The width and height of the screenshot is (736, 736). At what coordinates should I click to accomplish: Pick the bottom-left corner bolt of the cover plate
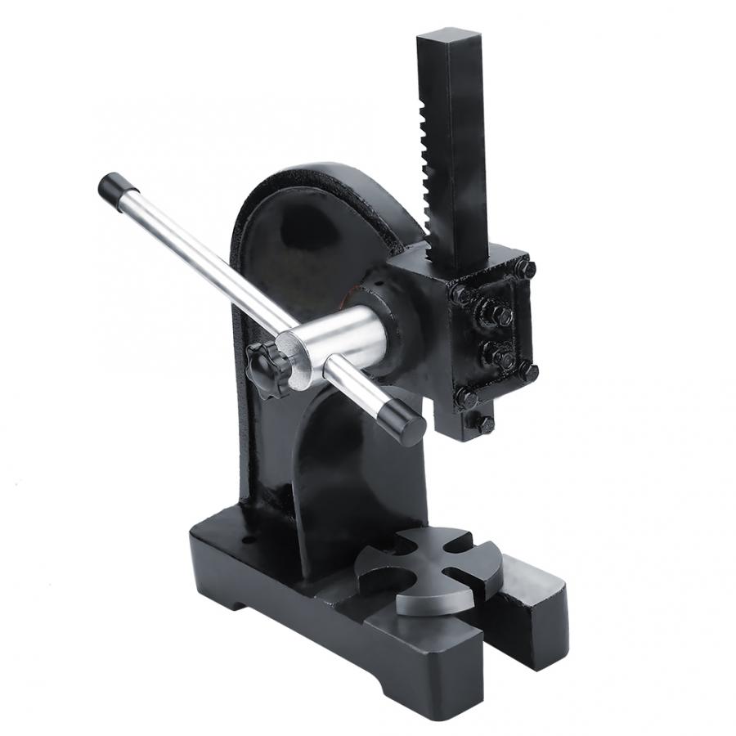pyautogui.click(x=466, y=398)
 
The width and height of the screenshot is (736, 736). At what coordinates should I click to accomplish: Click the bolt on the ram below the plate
pyautogui.click(x=484, y=424)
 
